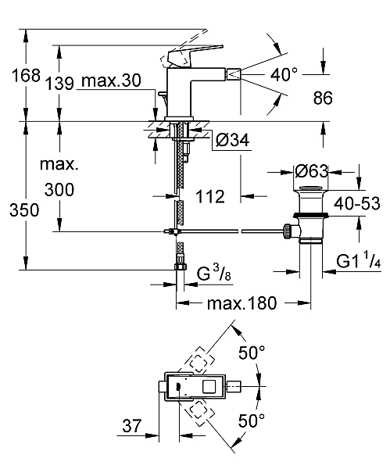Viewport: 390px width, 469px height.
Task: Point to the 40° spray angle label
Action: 284,74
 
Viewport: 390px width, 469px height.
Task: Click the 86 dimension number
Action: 323,98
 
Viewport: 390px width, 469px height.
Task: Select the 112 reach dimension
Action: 209,197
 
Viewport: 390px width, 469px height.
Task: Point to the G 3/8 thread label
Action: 212,274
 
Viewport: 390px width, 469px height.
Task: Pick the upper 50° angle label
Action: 252,353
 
